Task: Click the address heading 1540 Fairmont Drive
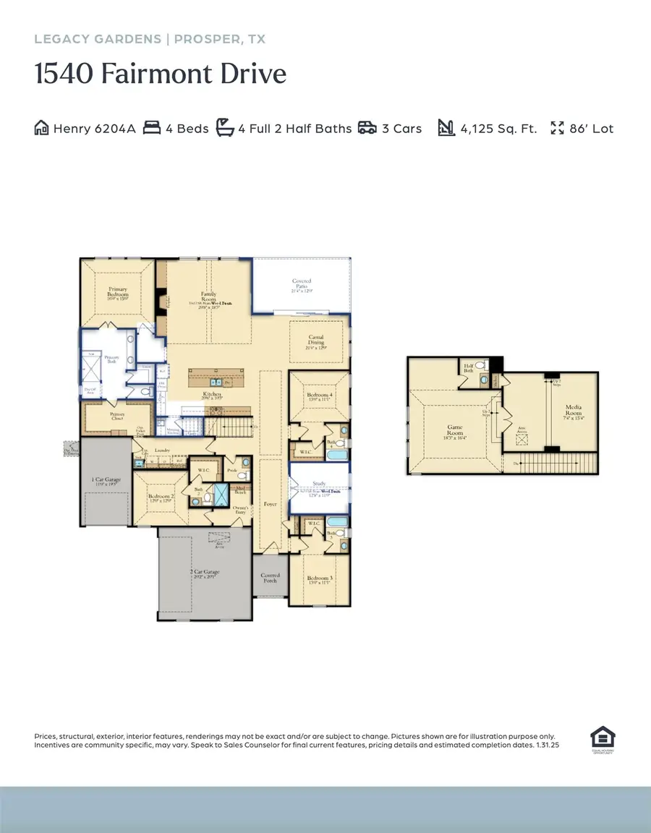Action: [161, 74]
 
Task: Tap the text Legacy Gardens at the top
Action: [97, 39]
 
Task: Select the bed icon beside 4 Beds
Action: [151, 129]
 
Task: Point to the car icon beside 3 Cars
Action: [367, 129]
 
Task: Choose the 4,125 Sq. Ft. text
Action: [499, 129]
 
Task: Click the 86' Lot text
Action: [591, 129]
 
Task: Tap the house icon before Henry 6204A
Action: [42, 129]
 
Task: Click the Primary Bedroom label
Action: [119, 293]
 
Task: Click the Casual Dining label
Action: [316, 340]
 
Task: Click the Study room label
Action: [319, 484]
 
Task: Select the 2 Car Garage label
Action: [205, 572]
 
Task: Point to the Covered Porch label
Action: [271, 578]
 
